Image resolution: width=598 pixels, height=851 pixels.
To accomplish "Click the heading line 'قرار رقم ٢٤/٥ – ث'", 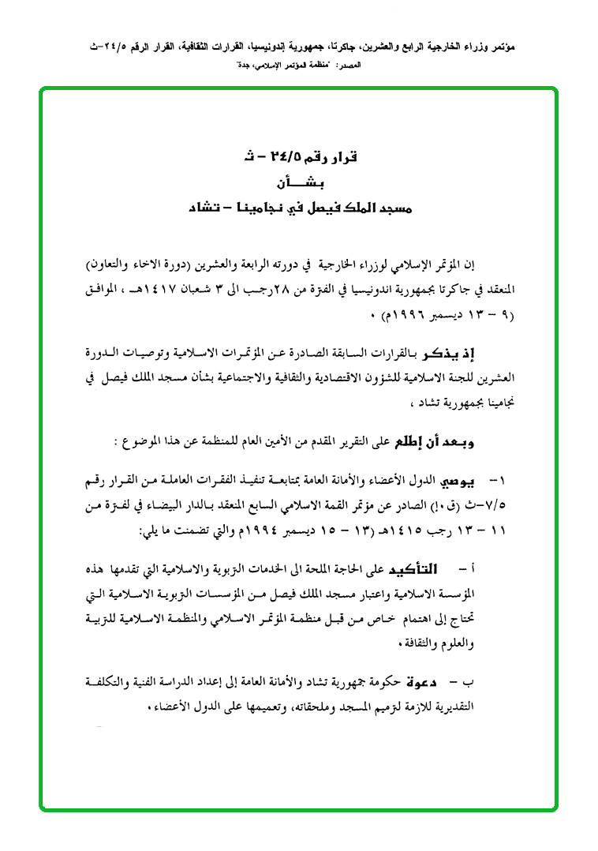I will pyautogui.click(x=301, y=156).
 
